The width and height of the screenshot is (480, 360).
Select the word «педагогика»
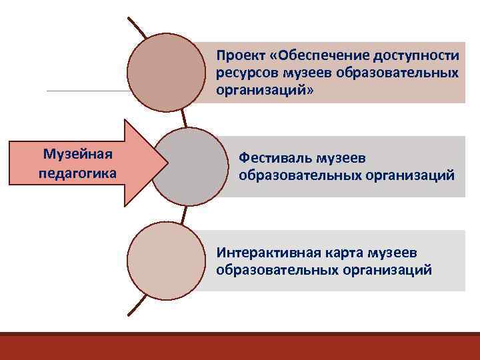click(77, 173)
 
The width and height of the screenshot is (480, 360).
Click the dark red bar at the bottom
click(240, 347)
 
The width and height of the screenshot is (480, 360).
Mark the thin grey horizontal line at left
click(87, 91)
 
